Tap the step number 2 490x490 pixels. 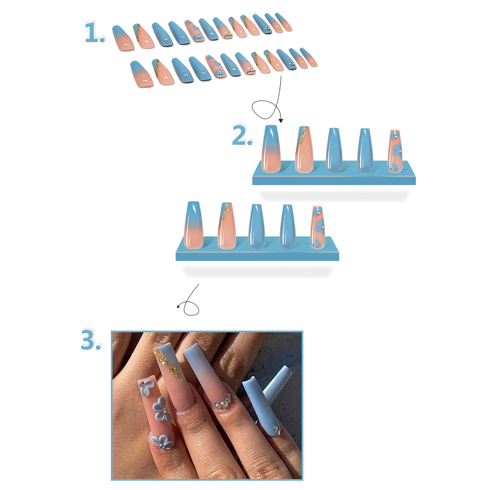tap(242, 135)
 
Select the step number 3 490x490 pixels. tap(91, 340)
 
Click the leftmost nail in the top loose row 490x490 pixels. tap(123, 38)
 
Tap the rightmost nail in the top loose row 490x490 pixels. tap(283, 22)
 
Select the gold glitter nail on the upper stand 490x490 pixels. tap(304, 149)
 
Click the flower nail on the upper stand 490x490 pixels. tap(395, 151)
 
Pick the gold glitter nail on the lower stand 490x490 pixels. tap(227, 225)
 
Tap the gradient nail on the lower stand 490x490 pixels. tap(194, 225)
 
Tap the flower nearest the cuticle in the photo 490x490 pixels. tap(161, 441)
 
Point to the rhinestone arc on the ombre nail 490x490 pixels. tap(222, 401)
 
